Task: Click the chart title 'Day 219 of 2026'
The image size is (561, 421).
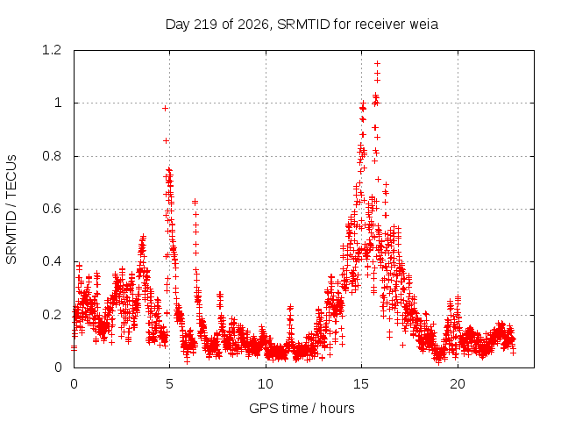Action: (217, 25)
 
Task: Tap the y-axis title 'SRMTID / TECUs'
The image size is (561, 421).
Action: (11, 210)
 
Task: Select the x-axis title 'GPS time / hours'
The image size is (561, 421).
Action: (302, 408)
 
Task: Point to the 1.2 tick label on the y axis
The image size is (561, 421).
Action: (52, 50)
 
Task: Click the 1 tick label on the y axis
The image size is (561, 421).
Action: (58, 103)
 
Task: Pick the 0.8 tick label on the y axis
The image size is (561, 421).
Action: (52, 156)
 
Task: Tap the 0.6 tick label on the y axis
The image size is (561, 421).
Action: (52, 209)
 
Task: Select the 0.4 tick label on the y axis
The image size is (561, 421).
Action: (52, 261)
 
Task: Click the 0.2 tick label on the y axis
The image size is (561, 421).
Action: (52, 315)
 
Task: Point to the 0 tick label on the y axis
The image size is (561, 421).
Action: (58, 367)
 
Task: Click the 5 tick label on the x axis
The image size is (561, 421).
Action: (169, 384)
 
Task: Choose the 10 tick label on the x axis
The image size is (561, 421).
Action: (266, 384)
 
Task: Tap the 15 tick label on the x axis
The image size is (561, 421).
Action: (361, 384)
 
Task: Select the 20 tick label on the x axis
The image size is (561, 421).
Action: (458, 384)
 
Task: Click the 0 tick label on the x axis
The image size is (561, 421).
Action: (74, 384)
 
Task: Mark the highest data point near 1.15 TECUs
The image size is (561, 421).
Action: (377, 63)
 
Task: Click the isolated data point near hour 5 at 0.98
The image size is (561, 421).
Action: (165, 108)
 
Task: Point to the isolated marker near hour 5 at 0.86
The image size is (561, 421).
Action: (166, 140)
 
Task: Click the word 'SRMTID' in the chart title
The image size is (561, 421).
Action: (303, 25)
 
